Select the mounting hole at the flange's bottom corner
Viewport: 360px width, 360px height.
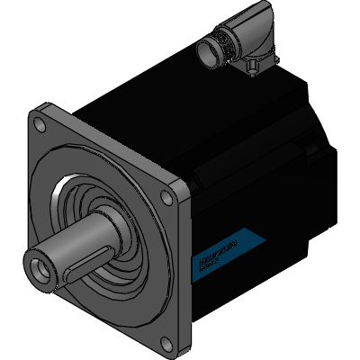162,341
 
